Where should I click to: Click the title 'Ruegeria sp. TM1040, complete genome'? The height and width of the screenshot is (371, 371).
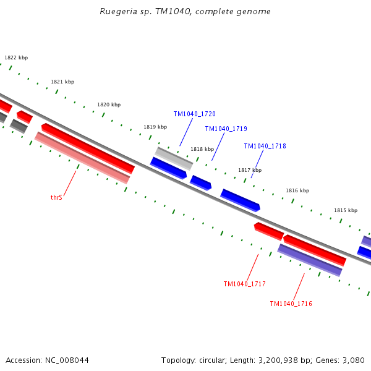click(185, 12)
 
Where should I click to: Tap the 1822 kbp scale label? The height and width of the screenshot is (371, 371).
click(16, 58)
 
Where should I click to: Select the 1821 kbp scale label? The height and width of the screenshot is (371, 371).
click(62, 82)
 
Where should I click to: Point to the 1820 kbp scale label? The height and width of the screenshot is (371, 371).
click(109, 104)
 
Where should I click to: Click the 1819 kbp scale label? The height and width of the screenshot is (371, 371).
click(155, 127)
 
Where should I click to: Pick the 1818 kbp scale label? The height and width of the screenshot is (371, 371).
click(202, 149)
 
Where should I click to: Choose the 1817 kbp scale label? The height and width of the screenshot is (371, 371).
click(250, 170)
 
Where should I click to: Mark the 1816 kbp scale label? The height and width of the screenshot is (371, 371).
click(297, 190)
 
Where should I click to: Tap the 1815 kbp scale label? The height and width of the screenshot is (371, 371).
click(346, 210)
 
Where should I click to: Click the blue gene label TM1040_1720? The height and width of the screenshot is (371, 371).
click(194, 114)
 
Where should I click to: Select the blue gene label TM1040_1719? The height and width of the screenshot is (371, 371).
click(226, 129)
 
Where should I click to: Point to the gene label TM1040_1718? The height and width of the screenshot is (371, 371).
click(265, 147)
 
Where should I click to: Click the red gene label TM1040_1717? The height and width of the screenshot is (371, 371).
click(244, 284)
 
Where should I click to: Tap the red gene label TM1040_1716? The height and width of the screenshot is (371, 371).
click(291, 304)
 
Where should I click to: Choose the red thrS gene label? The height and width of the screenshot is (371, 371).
click(56, 198)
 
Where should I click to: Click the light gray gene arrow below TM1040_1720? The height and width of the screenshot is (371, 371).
click(174, 158)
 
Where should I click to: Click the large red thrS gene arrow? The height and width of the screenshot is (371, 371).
click(88, 148)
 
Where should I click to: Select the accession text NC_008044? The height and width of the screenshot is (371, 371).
click(47, 360)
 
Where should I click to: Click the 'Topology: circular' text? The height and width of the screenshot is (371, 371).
click(192, 360)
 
